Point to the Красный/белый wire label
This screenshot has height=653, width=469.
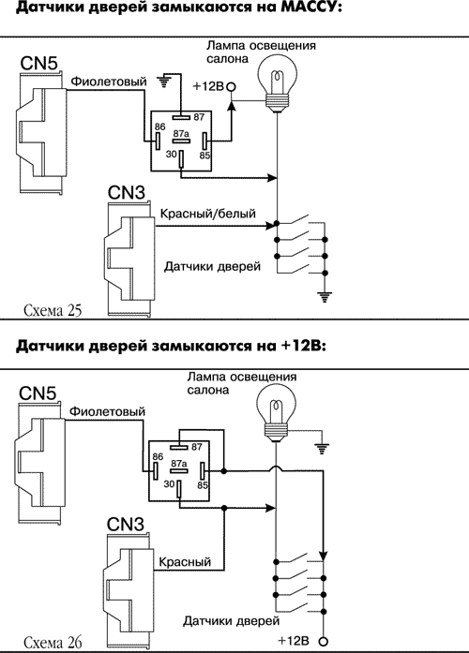[207, 215]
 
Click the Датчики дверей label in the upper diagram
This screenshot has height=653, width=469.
[211, 266]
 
